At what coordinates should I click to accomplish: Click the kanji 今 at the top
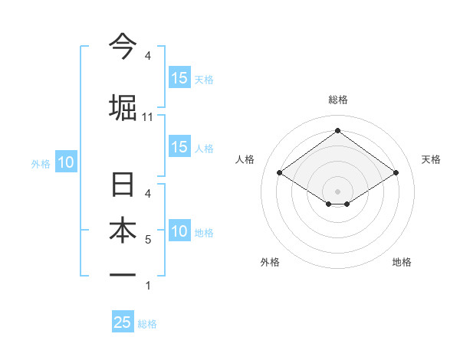pos(123,47)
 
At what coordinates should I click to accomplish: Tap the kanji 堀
pos(123,107)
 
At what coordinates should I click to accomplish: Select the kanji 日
pos(123,186)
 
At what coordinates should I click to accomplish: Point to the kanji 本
pos(123,232)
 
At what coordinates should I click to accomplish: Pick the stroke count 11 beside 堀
pos(148,116)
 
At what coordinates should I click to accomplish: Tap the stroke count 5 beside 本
pos(148,240)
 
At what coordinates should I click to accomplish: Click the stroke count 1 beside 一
pos(148,286)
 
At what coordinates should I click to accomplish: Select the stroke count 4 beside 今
pos(148,56)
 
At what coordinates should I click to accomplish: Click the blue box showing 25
pos(123,322)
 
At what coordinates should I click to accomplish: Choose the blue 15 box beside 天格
pos(179,77)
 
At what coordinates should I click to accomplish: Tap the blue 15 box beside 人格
pos(179,147)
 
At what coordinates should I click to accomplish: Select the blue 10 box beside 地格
pos(179,231)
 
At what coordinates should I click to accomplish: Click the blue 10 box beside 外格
pos(65,162)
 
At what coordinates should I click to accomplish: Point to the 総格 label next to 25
pos(147,324)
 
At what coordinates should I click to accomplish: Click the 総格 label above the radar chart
pos(337,100)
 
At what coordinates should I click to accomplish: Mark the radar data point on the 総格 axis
pos(337,130)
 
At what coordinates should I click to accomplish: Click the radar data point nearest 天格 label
pos(396,173)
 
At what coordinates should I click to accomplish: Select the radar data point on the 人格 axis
pos(280,173)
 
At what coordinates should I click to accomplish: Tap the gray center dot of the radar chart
pos(337,190)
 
